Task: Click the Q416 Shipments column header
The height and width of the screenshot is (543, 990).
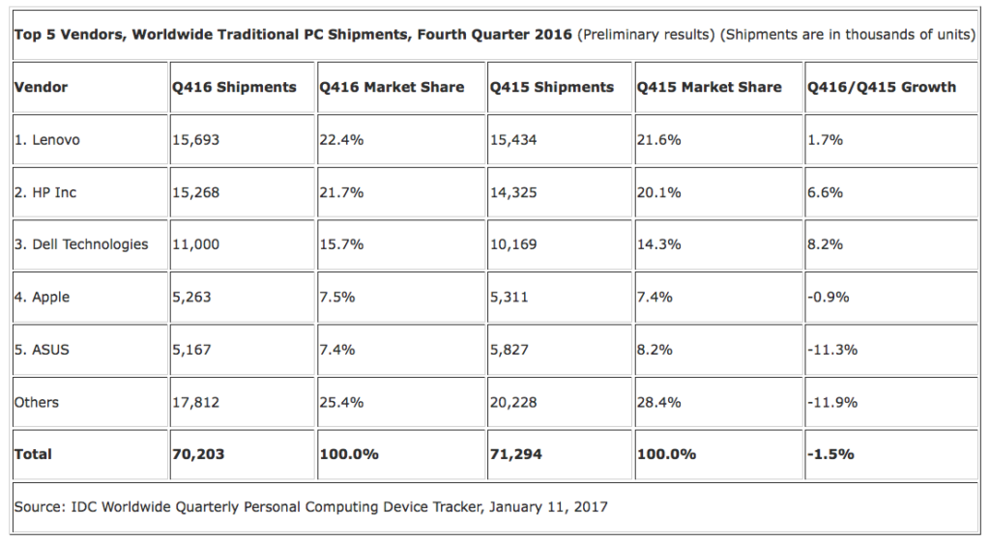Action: coord(234,87)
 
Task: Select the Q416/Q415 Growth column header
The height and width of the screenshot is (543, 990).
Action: coord(881,87)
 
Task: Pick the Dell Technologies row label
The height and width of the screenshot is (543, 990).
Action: coord(81,244)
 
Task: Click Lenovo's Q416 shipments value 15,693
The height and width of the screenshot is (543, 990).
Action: coord(196,139)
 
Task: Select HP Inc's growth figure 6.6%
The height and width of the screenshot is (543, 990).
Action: coord(825,192)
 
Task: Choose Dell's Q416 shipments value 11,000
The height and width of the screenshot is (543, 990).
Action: coord(196,244)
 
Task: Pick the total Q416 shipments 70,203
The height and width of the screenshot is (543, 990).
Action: coord(198,453)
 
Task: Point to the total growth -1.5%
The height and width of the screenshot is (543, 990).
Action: coord(830,453)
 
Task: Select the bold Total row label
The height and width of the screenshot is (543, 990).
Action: coord(34,453)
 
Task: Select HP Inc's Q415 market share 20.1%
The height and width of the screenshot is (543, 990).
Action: coord(659,192)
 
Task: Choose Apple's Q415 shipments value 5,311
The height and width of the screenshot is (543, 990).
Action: coord(510,297)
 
